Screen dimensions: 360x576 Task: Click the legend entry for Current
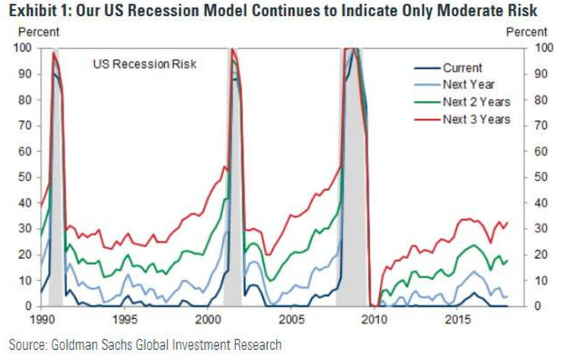pyautogui.click(x=462, y=69)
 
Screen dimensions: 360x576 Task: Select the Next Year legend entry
pyautogui.click(x=468, y=85)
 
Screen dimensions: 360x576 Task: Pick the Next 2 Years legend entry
pyautogui.click(x=476, y=102)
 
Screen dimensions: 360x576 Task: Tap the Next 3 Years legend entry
pyautogui.click(x=476, y=119)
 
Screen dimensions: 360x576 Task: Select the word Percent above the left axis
pyautogui.click(x=38, y=32)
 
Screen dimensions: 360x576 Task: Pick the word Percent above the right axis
pyautogui.click(x=527, y=32)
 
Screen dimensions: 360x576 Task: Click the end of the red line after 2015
pyautogui.click(x=507, y=222)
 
